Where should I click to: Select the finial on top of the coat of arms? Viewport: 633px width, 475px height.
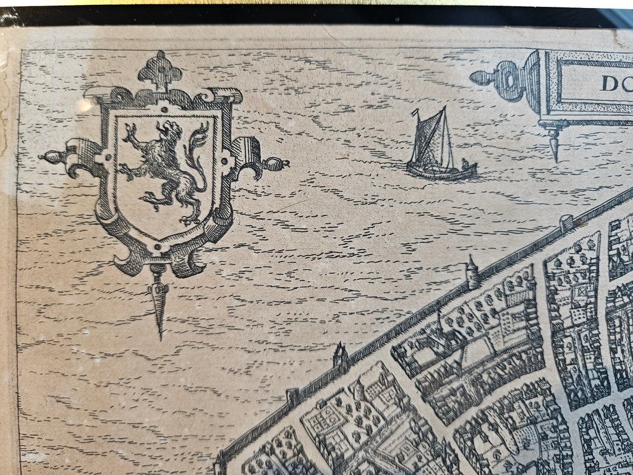(159, 69)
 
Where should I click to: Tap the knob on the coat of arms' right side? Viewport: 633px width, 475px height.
(276, 164)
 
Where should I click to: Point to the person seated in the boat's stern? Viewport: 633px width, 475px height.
(465, 165)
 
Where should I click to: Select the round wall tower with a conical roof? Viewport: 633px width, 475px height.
(472, 272)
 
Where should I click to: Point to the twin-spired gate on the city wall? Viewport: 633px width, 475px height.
(339, 356)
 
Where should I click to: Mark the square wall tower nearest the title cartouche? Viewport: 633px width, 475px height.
(566, 223)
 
